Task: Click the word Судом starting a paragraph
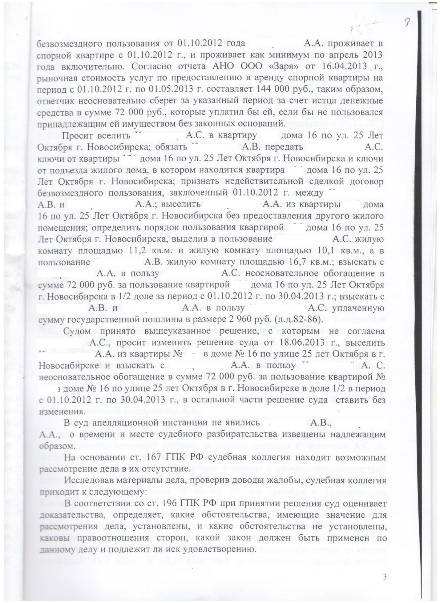pos(77,331)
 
